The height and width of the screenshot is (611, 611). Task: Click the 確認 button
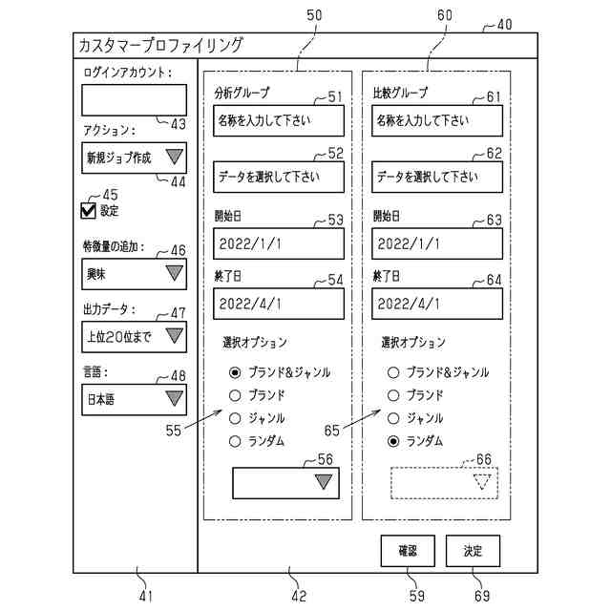click(x=408, y=551)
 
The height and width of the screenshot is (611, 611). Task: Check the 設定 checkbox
click(x=90, y=211)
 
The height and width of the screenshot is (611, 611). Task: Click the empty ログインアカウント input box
click(x=133, y=99)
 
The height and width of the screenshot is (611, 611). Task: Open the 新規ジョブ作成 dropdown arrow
click(x=174, y=158)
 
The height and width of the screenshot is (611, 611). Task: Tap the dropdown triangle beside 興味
click(x=174, y=273)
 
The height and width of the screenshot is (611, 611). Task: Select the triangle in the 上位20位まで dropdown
click(x=174, y=335)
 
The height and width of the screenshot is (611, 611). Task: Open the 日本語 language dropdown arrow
click(x=174, y=398)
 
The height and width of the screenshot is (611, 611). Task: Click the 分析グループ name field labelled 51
click(x=278, y=120)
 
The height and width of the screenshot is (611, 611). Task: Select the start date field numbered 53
click(x=278, y=243)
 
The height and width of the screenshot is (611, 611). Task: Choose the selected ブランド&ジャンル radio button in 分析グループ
click(x=234, y=372)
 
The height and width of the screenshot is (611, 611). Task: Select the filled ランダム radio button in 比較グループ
click(x=392, y=441)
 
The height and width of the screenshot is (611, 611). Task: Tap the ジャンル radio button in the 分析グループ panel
click(x=234, y=418)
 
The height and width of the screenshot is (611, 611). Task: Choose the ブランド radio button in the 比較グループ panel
click(x=392, y=395)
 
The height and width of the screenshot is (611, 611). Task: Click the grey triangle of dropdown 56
click(x=324, y=481)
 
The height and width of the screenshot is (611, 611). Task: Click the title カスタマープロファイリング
click(x=160, y=45)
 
